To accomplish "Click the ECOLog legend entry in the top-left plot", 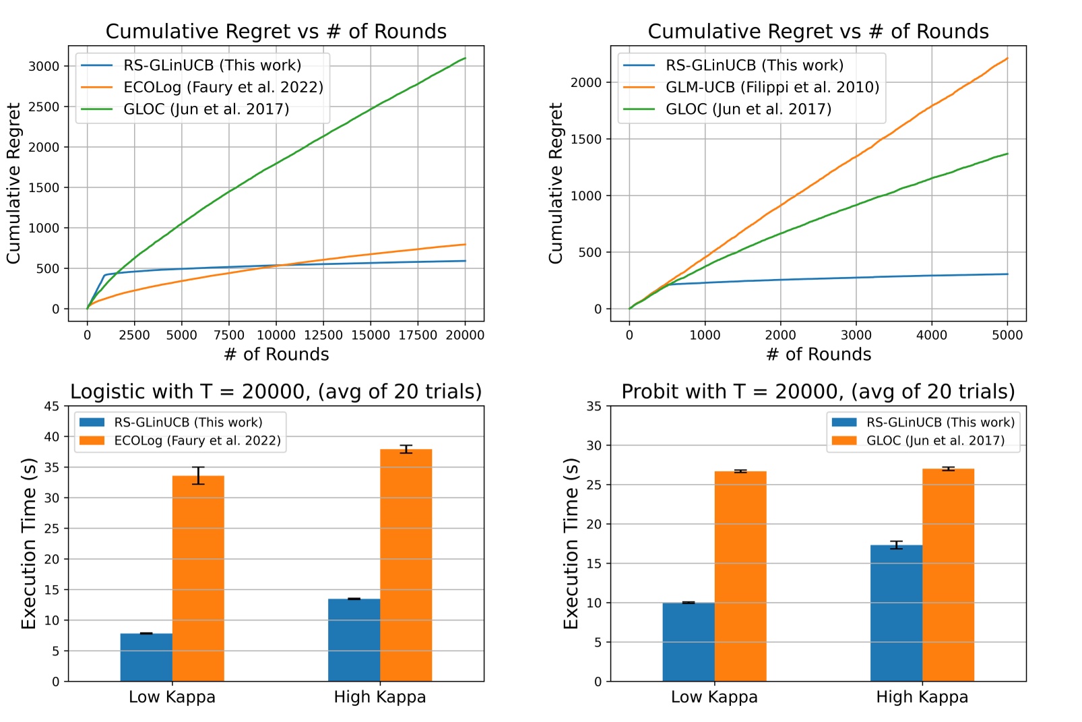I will [x=223, y=88].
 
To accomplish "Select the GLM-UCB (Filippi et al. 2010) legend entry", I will [x=772, y=88].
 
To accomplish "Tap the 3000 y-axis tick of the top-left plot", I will [x=44, y=66].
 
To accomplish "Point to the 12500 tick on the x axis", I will [x=323, y=335].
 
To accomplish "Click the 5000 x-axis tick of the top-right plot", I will [x=1007, y=335].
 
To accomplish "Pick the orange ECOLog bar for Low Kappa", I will [x=198, y=578].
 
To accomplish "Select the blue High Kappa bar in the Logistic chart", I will [x=354, y=640].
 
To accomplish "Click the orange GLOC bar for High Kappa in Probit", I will [x=948, y=575].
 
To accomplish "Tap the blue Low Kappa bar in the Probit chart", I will [x=688, y=642].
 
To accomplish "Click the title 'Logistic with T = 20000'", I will [x=276, y=392].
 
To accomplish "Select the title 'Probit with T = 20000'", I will [x=818, y=392].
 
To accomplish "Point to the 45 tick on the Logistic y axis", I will [x=51, y=406].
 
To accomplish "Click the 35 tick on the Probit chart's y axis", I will [x=594, y=406].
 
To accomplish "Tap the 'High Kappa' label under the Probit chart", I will [x=922, y=697].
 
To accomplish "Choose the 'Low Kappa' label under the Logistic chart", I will [x=172, y=697].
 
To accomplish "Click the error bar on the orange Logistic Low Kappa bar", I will [x=198, y=475].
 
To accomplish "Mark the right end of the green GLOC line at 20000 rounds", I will [x=465, y=59].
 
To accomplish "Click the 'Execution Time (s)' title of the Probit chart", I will [x=571, y=543].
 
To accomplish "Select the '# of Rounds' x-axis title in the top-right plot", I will [x=818, y=355].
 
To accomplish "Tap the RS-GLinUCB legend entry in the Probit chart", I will [x=940, y=423].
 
